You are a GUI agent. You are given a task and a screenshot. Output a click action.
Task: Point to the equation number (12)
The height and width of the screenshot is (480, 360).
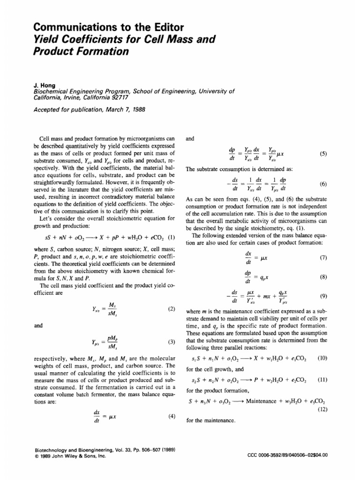pyautogui.click(x=323, y=410)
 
